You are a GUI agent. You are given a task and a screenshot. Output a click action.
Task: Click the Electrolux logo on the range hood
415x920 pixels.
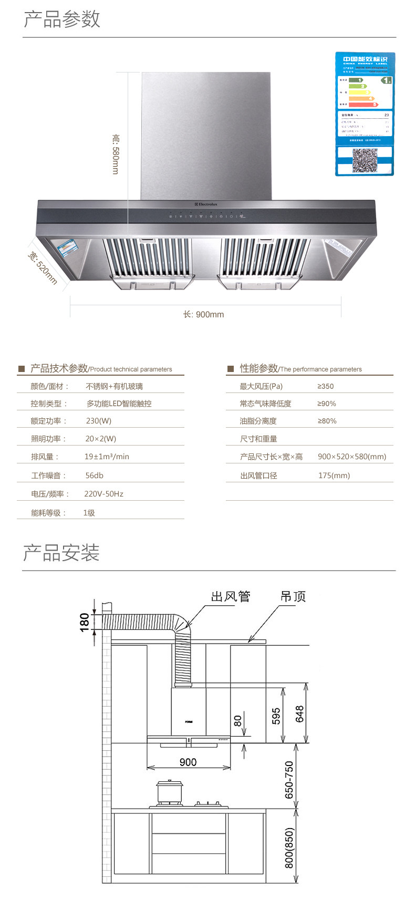tap(205, 204)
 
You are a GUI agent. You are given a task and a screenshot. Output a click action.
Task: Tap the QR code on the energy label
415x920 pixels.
tap(365, 161)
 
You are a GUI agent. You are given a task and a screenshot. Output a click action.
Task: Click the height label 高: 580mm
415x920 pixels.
tap(116, 154)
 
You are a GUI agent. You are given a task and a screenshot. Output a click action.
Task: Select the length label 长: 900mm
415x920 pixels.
tap(203, 314)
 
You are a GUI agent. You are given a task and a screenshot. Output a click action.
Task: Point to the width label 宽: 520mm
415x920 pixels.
tap(42, 268)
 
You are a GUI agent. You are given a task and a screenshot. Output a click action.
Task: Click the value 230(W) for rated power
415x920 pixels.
tap(99, 421)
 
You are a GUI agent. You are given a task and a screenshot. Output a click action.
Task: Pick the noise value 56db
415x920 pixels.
tap(95, 475)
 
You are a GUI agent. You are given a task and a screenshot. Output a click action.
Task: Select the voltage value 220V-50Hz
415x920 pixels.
tap(104, 494)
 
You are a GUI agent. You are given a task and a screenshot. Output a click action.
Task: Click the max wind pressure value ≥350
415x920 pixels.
tap(326, 386)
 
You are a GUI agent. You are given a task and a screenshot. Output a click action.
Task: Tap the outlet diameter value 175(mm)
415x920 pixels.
tap(334, 475)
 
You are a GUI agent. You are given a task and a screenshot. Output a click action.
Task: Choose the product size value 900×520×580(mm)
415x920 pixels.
tap(352, 457)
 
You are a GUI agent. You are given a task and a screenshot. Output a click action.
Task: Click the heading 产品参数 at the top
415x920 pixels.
tap(62, 19)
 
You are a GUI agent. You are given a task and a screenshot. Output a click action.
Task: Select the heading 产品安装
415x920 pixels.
tap(61, 553)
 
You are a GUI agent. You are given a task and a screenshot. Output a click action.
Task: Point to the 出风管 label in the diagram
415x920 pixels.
tap(231, 596)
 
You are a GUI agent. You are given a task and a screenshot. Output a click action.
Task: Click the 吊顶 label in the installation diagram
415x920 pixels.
tap(293, 596)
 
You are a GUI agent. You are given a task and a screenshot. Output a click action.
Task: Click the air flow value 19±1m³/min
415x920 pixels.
tap(107, 457)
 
